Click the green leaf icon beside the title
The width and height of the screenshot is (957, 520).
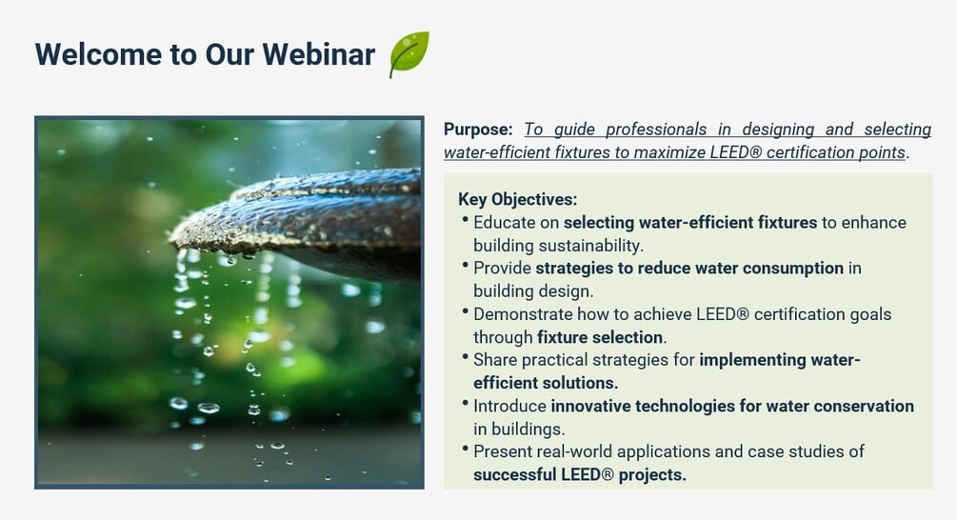point(409,54)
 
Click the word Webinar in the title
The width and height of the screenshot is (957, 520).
point(319,54)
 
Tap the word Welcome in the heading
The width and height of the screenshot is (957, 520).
point(98,54)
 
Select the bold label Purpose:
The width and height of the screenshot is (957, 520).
point(478,130)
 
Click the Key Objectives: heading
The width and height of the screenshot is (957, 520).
point(518,200)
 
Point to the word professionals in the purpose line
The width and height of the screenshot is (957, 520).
point(656,130)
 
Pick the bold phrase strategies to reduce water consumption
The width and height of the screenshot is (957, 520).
point(689,269)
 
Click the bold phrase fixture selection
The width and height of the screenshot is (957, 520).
point(600,337)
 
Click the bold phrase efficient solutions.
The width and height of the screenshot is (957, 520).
point(546,383)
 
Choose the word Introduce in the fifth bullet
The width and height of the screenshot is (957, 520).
point(509,407)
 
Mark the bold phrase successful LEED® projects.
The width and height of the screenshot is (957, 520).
point(580,475)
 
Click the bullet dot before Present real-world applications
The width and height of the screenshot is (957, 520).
point(465,450)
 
